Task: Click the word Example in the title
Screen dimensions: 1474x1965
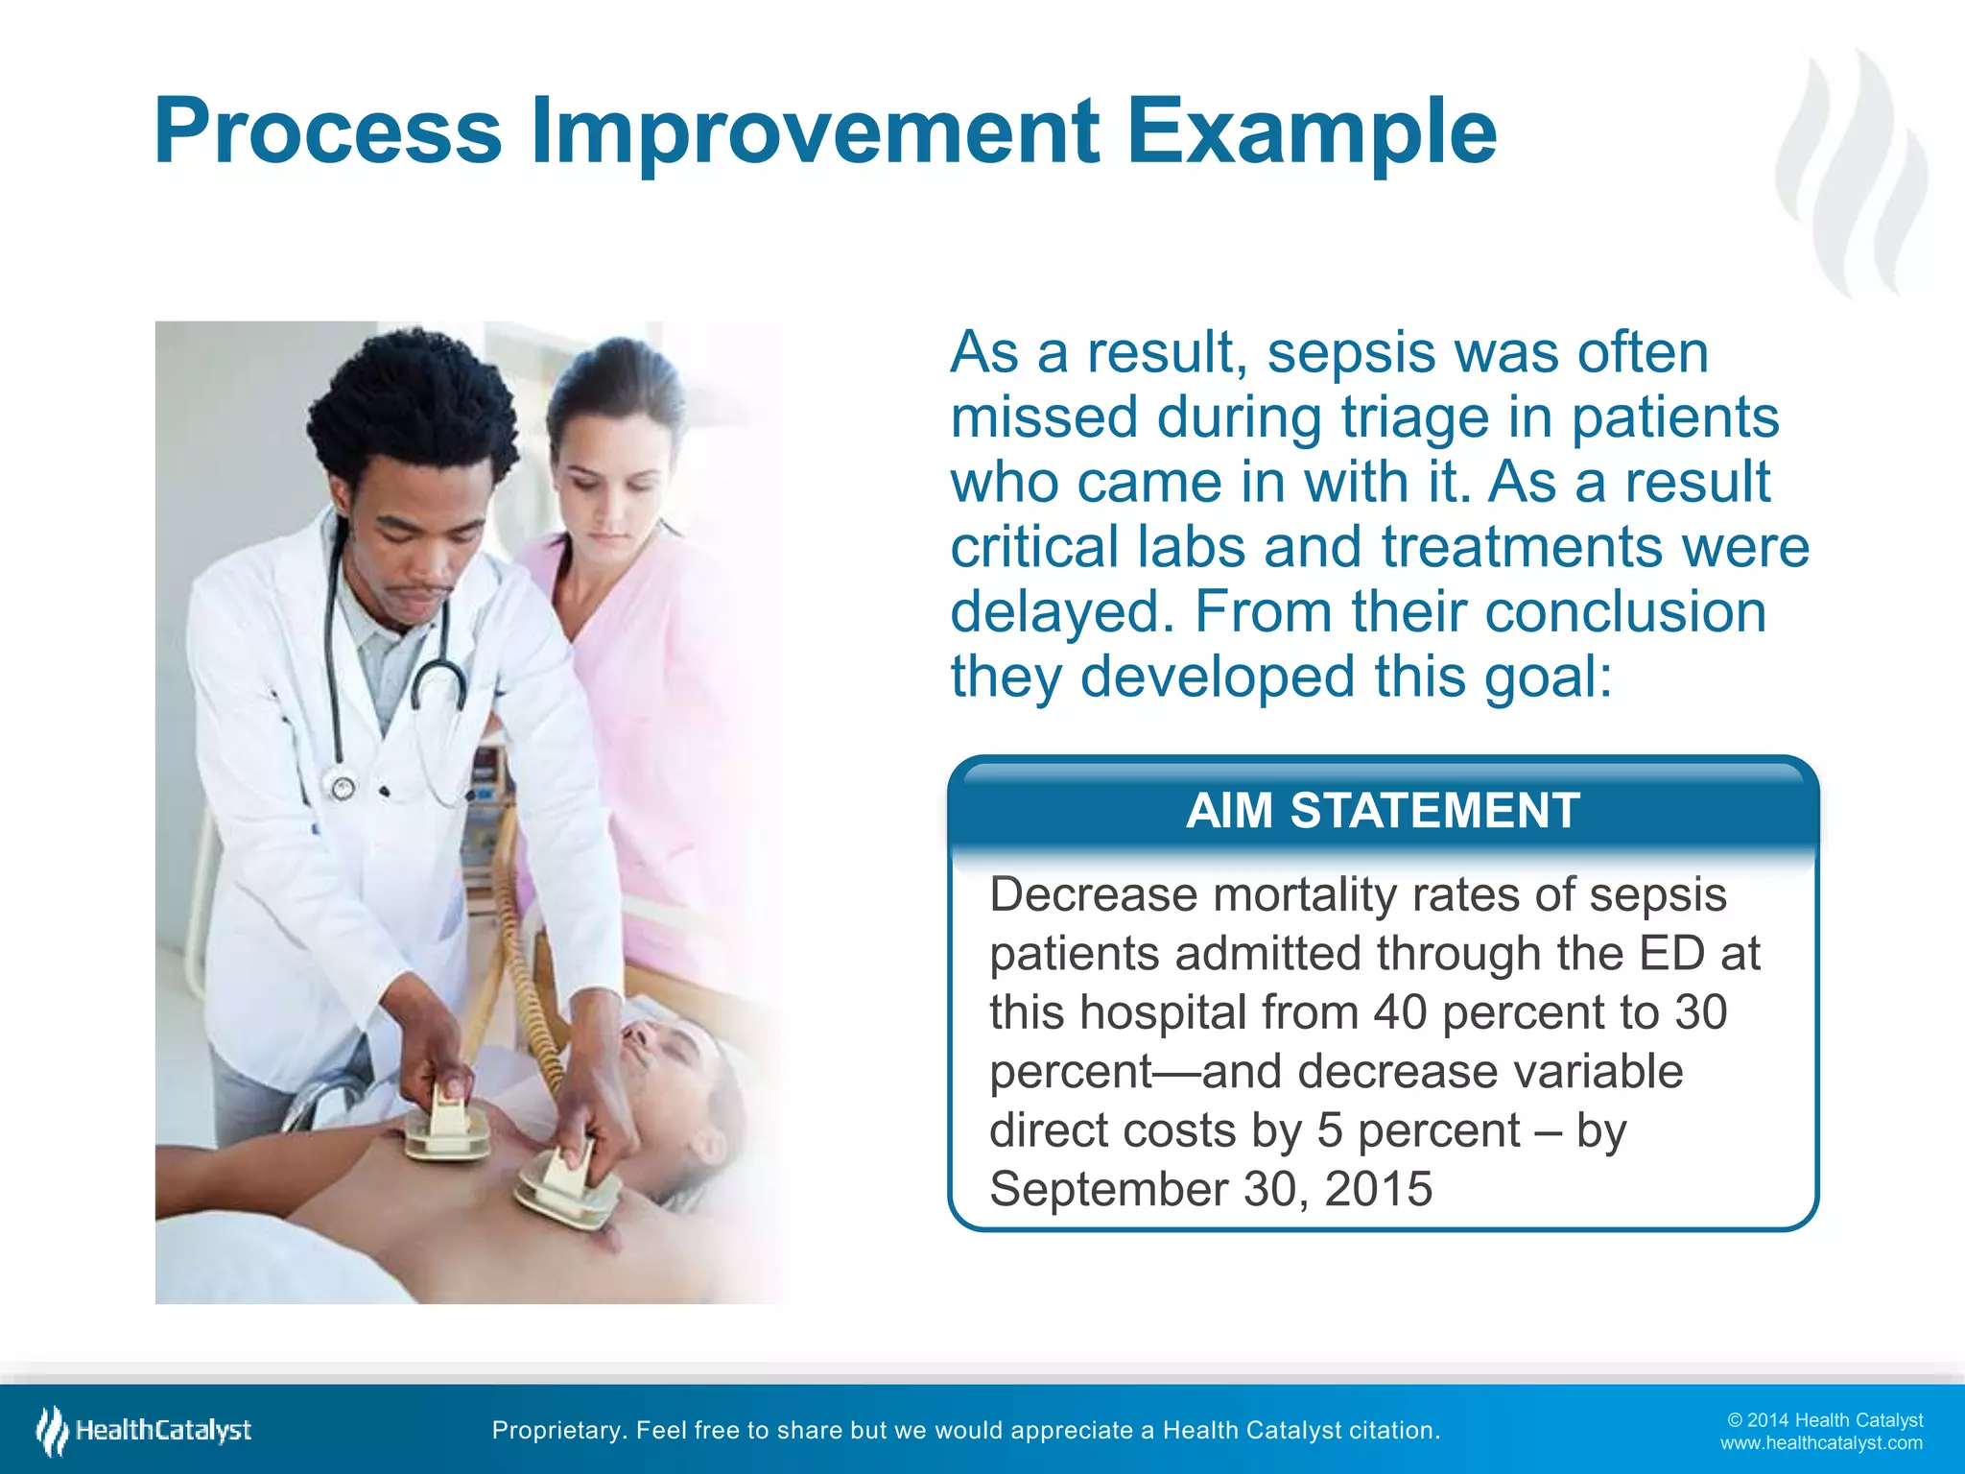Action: [1311, 131]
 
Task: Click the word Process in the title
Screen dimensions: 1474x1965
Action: [327, 131]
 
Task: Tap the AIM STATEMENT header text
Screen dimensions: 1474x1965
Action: [1383, 811]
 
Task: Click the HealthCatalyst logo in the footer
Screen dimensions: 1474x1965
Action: [144, 1431]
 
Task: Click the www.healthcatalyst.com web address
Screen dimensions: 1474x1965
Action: [1820, 1443]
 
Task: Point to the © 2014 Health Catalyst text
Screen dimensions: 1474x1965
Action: [1824, 1420]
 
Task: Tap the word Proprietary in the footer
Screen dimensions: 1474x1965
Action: [556, 1431]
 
